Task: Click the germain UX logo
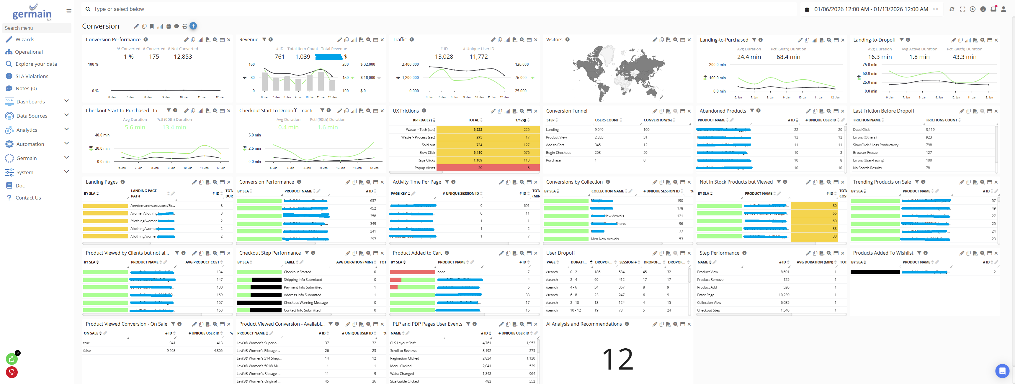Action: point(32,12)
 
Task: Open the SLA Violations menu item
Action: point(32,76)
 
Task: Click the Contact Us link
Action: point(28,198)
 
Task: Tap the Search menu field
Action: point(37,28)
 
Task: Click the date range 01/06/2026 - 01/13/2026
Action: point(871,9)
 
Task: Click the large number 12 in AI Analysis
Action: point(617,359)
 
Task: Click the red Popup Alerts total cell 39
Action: point(480,168)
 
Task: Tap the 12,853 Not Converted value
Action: point(183,57)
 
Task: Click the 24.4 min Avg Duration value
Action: point(749,57)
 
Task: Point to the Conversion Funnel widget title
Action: point(567,111)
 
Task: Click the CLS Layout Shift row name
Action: point(403,343)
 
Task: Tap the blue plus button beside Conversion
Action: point(193,26)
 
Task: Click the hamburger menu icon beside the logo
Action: point(69,11)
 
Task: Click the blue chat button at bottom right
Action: point(1002,371)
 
